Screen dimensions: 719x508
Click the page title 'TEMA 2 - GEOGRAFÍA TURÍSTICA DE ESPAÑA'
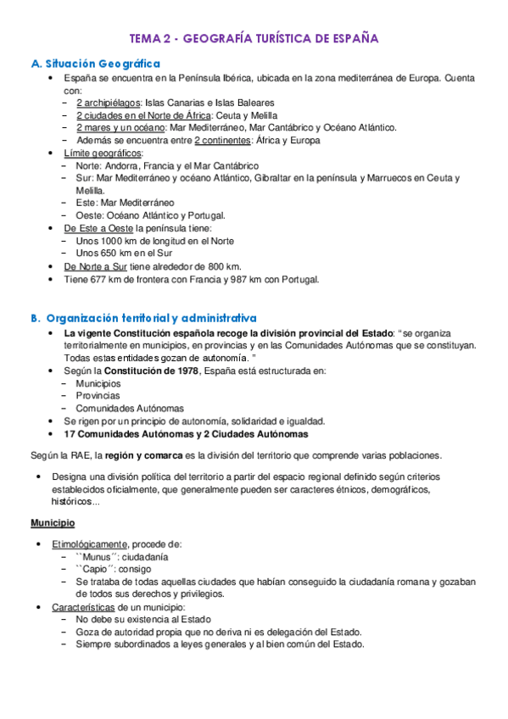click(x=254, y=39)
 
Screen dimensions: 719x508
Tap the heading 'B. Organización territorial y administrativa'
click(x=142, y=318)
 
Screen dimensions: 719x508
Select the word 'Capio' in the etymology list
click(x=96, y=570)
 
